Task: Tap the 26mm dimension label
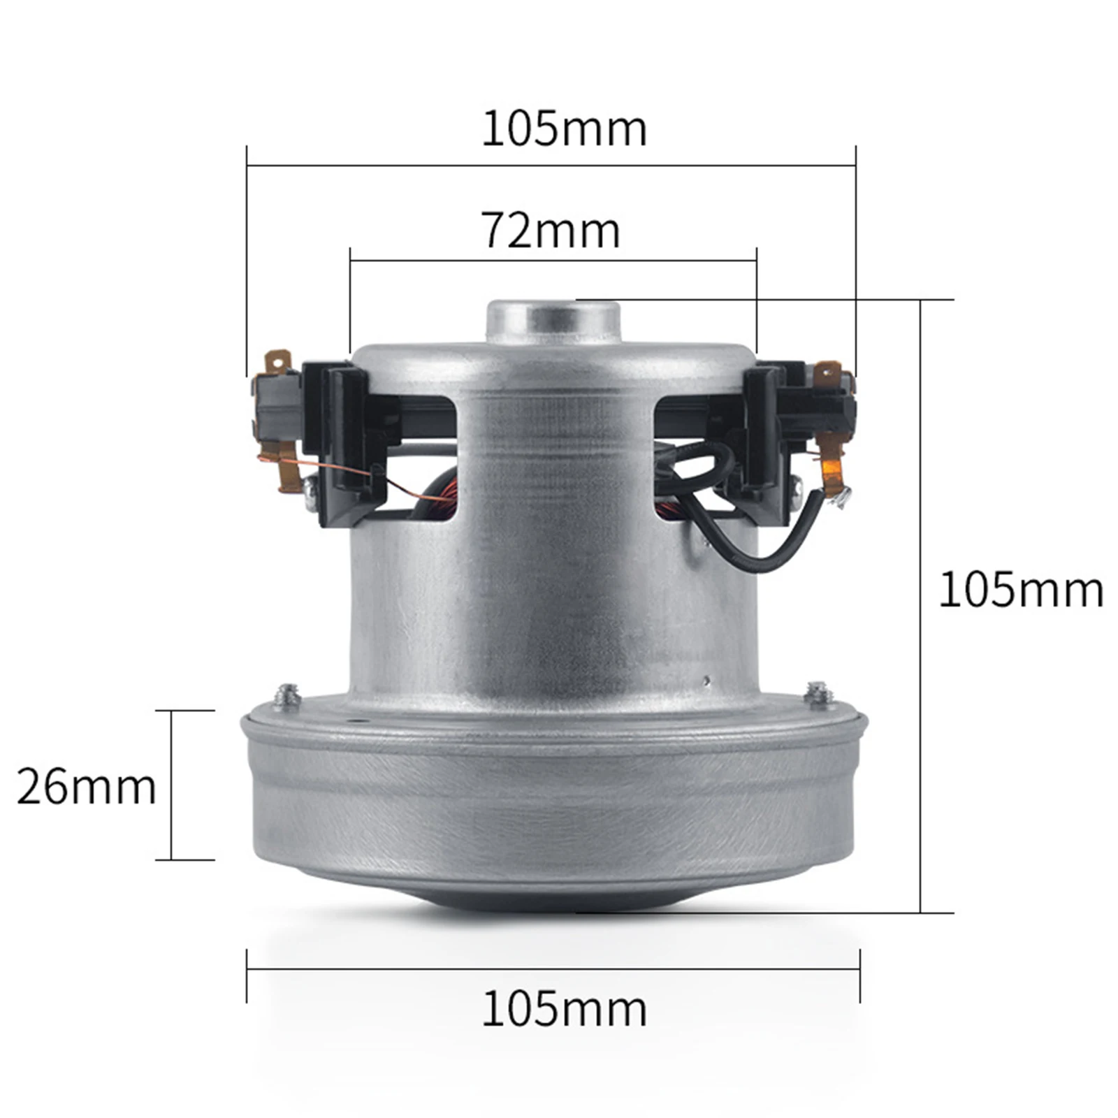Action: pos(86,787)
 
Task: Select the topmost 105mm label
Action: pos(565,129)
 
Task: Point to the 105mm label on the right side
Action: pos(1021,590)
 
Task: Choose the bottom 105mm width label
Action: pos(565,1009)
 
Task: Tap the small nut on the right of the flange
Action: pos(817,693)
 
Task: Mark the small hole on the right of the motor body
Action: pos(706,679)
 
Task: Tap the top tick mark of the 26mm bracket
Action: pos(192,711)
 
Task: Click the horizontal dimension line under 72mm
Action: pos(552,261)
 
